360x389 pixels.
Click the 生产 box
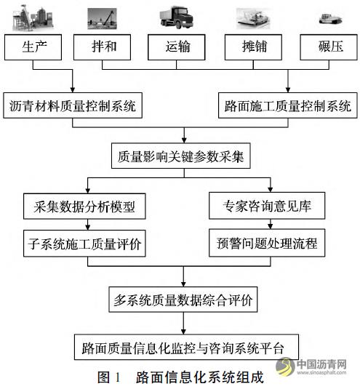coord(33,47)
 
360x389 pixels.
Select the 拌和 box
coord(103,47)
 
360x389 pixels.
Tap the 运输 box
coord(177,47)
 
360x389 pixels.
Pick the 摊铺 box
coord(253,47)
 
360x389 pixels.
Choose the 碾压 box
coord(329,47)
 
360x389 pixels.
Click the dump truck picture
coord(177,17)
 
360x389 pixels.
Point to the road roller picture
coord(330,19)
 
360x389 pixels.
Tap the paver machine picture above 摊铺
coord(253,19)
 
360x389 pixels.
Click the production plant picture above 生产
coord(33,19)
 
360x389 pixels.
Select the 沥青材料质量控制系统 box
coord(73,105)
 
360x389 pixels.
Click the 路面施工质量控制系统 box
coord(288,105)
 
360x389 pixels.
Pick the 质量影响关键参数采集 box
coord(181,156)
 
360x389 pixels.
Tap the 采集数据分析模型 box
coord(84,206)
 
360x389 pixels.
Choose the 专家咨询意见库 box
coord(267,206)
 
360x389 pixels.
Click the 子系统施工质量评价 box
coord(84,244)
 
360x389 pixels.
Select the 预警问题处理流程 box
coord(267,243)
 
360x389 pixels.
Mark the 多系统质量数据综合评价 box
coord(183,300)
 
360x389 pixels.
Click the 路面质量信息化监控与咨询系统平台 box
coord(187,347)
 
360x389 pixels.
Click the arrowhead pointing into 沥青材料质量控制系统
coord(73,89)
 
